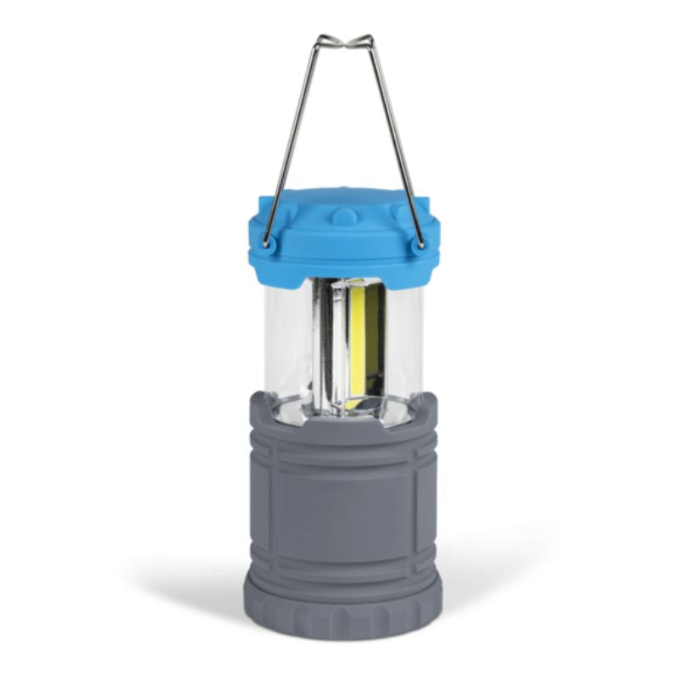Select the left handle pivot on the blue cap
click(269, 244)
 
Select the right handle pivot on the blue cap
click(419, 244)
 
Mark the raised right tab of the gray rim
click(425, 405)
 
